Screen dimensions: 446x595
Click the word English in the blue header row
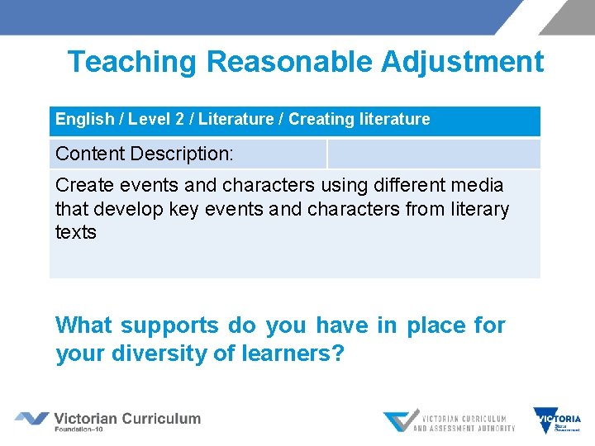click(x=84, y=119)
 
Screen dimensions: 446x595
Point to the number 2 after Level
click(x=179, y=119)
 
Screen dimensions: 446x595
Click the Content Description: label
click(x=145, y=154)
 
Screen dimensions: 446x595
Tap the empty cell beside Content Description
click(x=433, y=154)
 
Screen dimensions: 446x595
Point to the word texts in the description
click(x=76, y=232)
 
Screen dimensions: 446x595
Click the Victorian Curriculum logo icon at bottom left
click(x=31, y=419)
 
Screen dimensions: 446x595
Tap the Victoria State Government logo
click(x=557, y=421)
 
